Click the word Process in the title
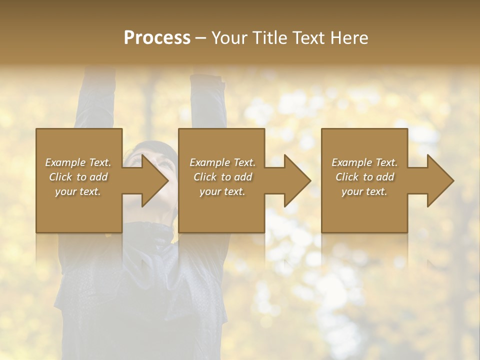tap(157, 38)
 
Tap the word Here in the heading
tap(348, 38)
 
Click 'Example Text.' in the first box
tap(78, 162)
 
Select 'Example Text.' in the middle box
tap(222, 162)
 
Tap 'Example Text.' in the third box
tap(364, 162)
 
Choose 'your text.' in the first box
tap(78, 191)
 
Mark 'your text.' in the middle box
tap(222, 191)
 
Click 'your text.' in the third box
tap(364, 191)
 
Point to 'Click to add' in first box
tap(78, 177)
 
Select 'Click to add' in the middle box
tap(222, 177)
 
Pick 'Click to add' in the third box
tap(364, 177)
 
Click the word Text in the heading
tap(309, 38)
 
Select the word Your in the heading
tap(229, 38)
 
